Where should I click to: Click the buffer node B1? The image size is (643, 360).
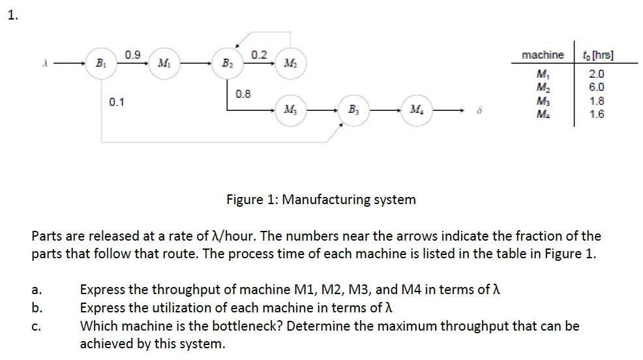click(100, 64)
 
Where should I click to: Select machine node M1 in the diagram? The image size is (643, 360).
click(161, 64)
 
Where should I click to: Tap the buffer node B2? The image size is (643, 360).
click(226, 64)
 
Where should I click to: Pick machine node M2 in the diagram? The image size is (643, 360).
click(289, 64)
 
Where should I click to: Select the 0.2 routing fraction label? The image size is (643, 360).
click(259, 53)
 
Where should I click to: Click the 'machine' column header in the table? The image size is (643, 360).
click(543, 55)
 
